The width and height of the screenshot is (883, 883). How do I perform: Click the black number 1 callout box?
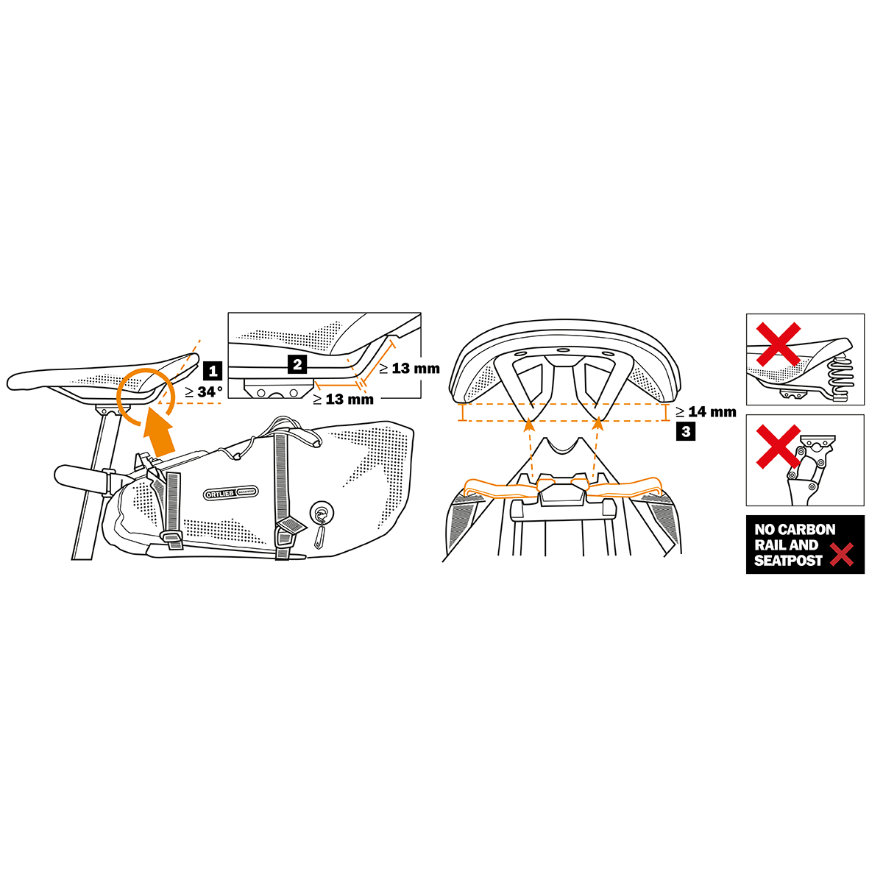212,371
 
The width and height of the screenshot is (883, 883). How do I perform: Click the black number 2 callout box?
297,364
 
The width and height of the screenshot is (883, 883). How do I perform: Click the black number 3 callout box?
686,432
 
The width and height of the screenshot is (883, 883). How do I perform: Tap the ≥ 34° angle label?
204,392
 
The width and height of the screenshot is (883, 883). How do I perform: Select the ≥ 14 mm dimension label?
706,412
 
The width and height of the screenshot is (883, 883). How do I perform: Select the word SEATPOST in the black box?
788,561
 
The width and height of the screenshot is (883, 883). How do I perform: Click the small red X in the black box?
842,555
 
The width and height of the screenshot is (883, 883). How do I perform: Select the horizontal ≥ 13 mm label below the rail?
343,400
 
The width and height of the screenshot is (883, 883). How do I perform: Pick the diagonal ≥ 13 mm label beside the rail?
409,369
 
